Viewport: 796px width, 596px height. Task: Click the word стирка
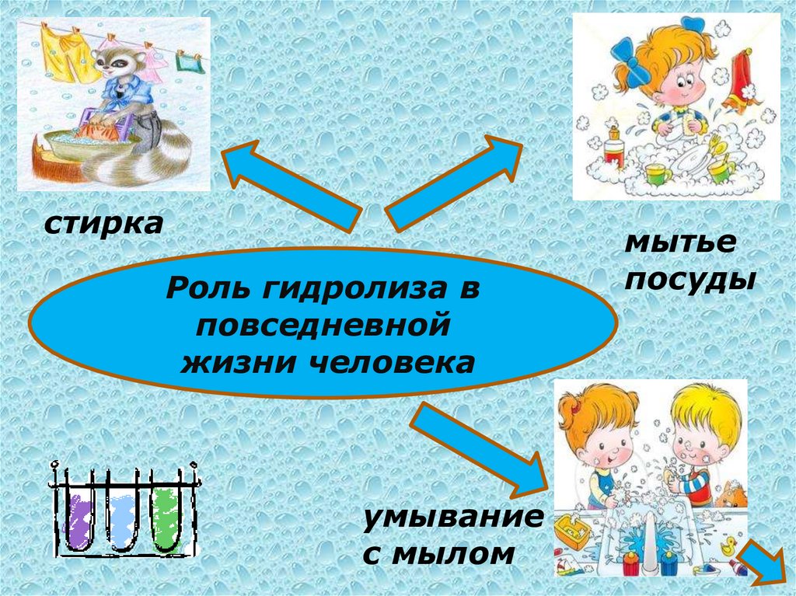click(x=103, y=225)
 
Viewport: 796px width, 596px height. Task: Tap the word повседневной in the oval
click(x=323, y=325)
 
